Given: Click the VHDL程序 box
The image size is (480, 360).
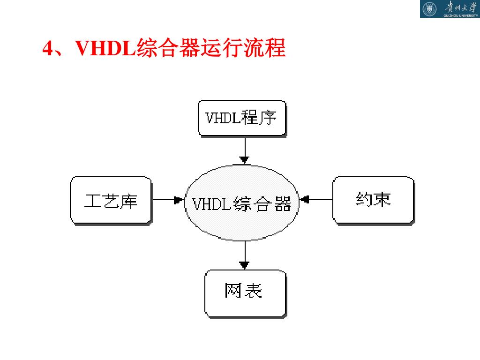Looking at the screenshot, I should tap(241, 118).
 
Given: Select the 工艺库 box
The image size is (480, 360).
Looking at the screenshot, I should tap(111, 200).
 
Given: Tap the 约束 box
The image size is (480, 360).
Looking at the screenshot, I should tap(373, 200).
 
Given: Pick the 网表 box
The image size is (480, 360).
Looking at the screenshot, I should tap(245, 293).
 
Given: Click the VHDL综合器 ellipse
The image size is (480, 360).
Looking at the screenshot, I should tap(242, 203).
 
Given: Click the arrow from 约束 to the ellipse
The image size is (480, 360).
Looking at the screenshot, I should tap(316, 200).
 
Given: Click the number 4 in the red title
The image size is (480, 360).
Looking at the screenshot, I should tap(47, 48).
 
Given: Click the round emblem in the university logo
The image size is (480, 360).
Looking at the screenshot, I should tap(429, 8).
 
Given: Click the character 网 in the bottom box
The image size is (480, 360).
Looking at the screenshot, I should tap(232, 291).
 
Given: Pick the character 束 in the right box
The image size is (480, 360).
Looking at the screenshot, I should tap(382, 200).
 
